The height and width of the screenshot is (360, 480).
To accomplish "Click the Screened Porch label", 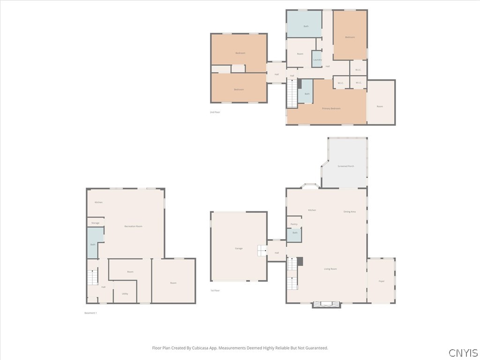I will [x=345, y=166].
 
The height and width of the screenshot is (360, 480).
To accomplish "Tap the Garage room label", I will [x=239, y=248].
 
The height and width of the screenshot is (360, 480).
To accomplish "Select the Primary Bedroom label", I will [x=331, y=108].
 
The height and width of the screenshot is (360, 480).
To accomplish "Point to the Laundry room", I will [x=317, y=60].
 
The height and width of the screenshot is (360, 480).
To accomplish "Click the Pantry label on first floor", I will [x=294, y=224].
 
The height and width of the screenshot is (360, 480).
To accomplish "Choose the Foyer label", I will [x=382, y=281].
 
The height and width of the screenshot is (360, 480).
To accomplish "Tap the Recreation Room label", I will [x=133, y=226].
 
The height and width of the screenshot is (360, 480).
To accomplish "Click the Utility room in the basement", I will [x=125, y=293].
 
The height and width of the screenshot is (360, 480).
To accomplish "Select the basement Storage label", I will [x=95, y=223].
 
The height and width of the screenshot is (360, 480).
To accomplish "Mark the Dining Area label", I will [x=350, y=212].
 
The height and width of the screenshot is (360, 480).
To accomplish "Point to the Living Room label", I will [x=330, y=269].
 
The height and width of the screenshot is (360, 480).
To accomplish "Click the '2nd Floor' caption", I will [x=215, y=112].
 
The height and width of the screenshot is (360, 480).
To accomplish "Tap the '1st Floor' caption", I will [x=215, y=291].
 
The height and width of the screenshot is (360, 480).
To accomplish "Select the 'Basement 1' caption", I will [x=90, y=313].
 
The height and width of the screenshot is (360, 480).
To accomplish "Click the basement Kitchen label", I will [x=98, y=202].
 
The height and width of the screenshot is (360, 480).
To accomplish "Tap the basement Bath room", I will [x=93, y=244].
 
